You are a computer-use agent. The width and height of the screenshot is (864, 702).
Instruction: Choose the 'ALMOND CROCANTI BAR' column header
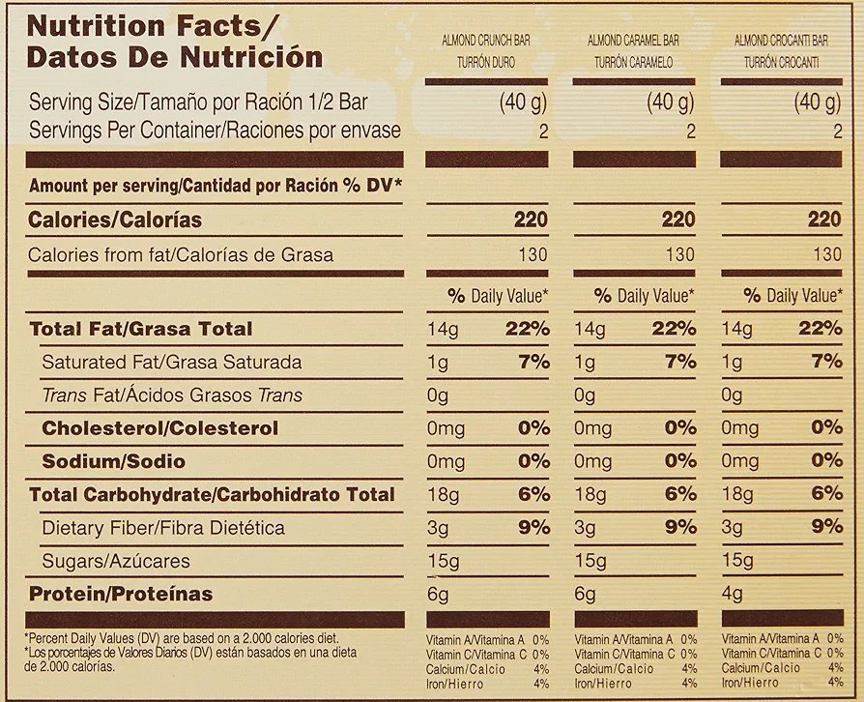(x=780, y=41)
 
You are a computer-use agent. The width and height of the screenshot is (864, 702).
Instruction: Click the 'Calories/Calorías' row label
(x=115, y=220)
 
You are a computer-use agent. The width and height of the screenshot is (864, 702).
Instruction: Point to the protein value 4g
(x=732, y=594)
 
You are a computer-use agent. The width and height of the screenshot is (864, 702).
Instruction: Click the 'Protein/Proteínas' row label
(x=121, y=594)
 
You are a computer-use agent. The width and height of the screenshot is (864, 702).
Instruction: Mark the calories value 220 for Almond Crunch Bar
(x=531, y=220)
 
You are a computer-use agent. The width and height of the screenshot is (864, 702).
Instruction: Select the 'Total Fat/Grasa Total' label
(x=140, y=329)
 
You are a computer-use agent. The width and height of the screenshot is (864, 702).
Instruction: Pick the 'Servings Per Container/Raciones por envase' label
(x=214, y=131)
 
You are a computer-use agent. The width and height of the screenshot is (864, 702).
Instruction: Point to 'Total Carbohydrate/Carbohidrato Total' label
(x=212, y=495)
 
